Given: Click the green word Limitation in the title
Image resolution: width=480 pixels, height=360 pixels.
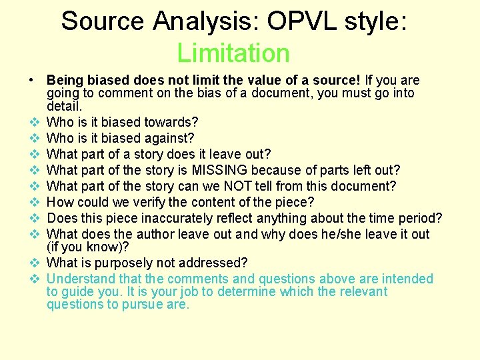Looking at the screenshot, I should coord(233,53).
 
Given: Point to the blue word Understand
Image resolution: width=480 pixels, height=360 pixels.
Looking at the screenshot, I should coord(81,279).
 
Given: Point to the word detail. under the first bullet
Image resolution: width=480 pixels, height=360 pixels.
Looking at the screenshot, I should coord(65,106).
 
